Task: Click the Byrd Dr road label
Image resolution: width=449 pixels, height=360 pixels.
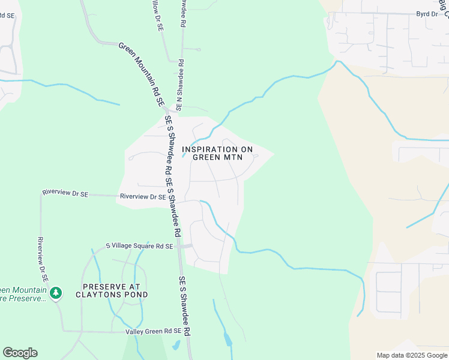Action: [427, 13]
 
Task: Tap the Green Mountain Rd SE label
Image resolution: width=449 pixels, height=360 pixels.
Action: [142, 74]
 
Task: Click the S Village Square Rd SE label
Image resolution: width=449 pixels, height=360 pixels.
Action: [139, 246]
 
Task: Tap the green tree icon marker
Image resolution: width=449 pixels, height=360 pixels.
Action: [56, 293]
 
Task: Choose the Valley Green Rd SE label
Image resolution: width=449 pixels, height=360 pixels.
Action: [153, 331]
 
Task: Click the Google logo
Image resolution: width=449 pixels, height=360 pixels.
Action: [20, 353]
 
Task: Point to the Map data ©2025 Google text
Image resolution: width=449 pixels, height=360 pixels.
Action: [411, 355]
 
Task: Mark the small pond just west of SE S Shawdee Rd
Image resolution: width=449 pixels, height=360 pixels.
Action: [176, 345]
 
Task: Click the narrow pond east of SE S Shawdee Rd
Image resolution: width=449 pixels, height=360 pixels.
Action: [228, 339]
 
